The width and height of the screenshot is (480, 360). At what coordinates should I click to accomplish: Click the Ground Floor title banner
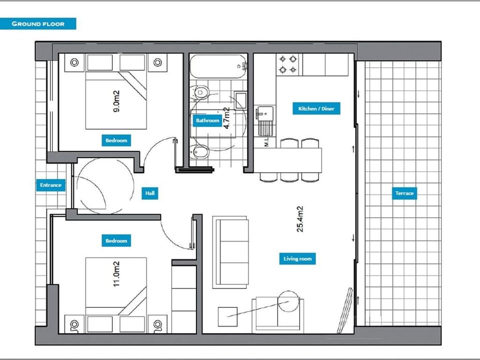pyautogui.click(x=37, y=23)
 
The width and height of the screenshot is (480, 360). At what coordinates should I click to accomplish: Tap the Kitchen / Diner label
pyautogui.click(x=316, y=108)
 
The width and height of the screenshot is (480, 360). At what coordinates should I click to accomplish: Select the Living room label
pyautogui.click(x=297, y=258)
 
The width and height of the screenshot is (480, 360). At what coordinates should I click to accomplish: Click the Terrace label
pyautogui.click(x=404, y=193)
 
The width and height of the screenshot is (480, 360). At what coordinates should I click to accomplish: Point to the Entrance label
pyautogui.click(x=51, y=185)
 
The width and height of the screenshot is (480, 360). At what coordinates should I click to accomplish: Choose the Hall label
pyautogui.click(x=149, y=193)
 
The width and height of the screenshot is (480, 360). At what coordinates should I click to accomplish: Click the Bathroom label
pyautogui.click(x=207, y=120)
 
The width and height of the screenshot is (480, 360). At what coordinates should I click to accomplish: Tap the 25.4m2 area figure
pyautogui.click(x=300, y=219)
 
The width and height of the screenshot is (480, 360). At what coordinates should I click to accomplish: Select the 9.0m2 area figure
pyautogui.click(x=116, y=101)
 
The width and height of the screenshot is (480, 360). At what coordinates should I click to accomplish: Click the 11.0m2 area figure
pyautogui.click(x=116, y=274)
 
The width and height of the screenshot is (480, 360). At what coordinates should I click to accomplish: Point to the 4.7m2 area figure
pyautogui.click(x=226, y=118)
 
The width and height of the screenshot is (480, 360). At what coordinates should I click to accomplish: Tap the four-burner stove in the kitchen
pyautogui.click(x=288, y=64)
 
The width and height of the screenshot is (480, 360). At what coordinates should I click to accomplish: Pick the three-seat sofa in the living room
pyautogui.click(x=230, y=252)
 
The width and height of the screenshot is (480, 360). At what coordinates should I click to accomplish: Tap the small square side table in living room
pyautogui.click(x=227, y=316)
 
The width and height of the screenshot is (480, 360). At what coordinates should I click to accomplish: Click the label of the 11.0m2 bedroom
pyautogui.click(x=116, y=240)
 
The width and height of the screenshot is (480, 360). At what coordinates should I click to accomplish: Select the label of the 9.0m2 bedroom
pyautogui.click(x=116, y=140)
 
